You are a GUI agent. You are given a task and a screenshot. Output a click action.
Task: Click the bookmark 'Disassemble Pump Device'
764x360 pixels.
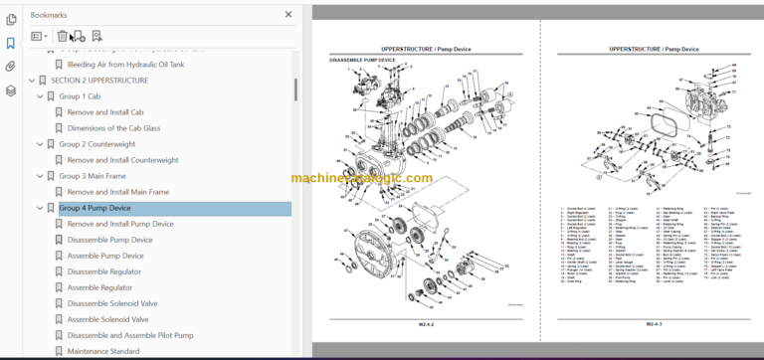[109, 240]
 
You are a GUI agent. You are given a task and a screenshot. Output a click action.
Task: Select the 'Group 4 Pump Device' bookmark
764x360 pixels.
[95, 208]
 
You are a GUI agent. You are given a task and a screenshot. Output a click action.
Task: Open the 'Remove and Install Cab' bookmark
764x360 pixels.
[105, 112]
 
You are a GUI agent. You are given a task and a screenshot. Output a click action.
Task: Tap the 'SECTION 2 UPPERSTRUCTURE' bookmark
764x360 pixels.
[99, 81]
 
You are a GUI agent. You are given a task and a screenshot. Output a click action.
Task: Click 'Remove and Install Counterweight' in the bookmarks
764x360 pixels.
[123, 160]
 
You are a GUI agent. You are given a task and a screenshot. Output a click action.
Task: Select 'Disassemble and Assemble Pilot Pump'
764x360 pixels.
[129, 335]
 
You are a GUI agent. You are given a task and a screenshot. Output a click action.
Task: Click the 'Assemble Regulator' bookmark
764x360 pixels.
[99, 287]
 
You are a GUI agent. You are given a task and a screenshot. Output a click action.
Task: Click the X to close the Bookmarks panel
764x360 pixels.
[288, 15]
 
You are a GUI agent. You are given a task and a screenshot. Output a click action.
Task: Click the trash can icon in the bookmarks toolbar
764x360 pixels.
[62, 37]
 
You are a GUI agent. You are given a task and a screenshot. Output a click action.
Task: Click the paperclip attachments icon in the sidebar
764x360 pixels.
[11, 67]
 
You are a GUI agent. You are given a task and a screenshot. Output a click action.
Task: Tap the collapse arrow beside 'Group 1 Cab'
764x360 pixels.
[40, 96]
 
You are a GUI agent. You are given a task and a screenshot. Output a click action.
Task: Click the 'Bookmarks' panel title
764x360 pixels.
[50, 15]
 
